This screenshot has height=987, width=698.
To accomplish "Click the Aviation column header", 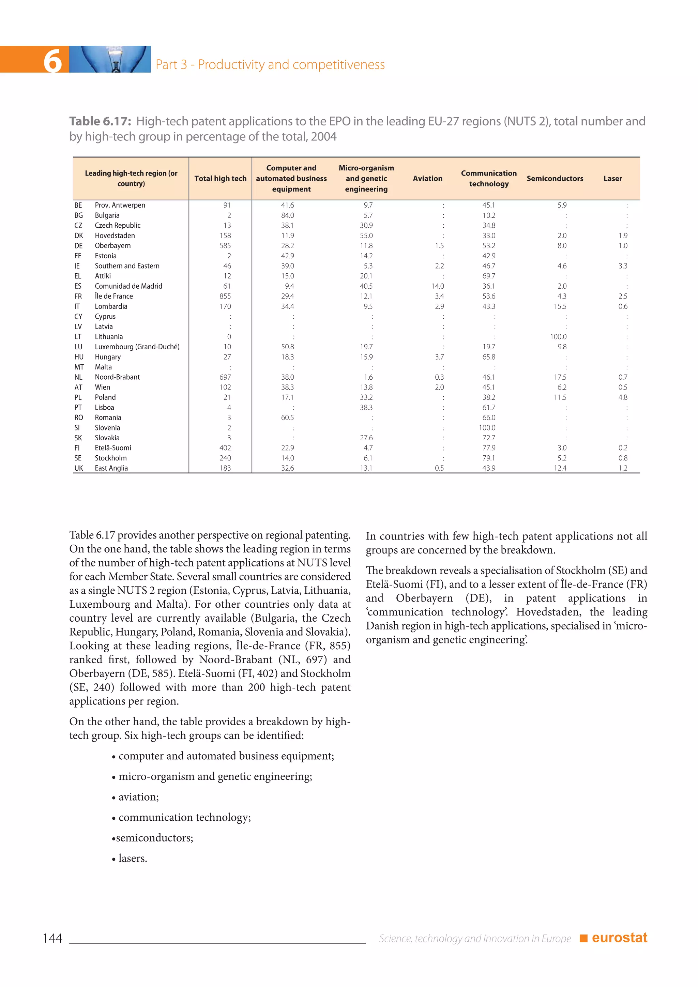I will tap(427, 178).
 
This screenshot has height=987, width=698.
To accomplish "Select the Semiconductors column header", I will tap(555, 178).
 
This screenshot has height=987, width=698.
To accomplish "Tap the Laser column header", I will tap(612, 178).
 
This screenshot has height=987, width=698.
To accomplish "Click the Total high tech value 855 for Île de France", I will tap(225, 296).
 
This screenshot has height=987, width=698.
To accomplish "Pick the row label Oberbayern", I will tap(112, 245).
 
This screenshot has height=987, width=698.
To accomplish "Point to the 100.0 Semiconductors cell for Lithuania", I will tap(558, 337).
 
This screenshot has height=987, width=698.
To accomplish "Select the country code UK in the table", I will tap(78, 468).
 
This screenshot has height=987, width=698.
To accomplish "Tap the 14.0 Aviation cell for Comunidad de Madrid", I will tap(438, 286).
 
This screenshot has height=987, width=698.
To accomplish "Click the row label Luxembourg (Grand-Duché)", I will tap(137, 347).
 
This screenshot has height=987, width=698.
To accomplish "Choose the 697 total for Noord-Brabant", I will tap(225, 377).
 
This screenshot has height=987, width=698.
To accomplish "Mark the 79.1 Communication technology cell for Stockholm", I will tap(488, 458).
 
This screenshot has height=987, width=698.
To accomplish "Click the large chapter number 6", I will tap(52, 61).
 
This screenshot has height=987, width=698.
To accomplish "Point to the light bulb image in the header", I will tap(110, 59).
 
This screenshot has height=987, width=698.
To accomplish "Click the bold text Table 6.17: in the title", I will tap(100, 122).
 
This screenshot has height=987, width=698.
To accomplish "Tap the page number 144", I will tap(52, 938).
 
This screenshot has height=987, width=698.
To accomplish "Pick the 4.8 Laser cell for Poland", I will tap(622, 397).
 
